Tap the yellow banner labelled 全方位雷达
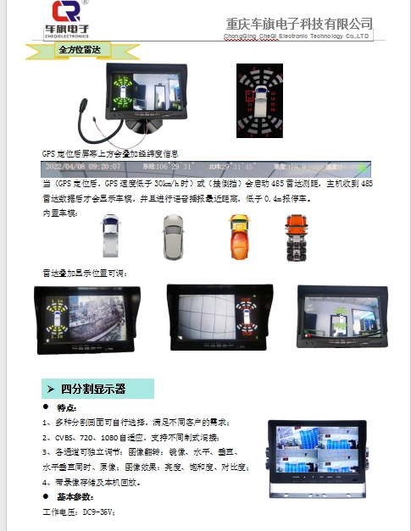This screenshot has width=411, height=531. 78,51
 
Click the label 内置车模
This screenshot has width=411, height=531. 58,213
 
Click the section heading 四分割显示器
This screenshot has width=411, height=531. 93,389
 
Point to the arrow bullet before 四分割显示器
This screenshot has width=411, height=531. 50,389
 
